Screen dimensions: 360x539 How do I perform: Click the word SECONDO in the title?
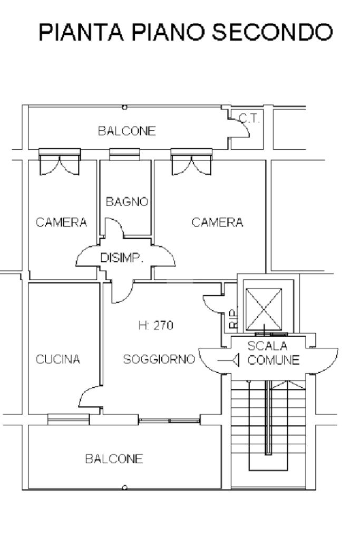point(273,32)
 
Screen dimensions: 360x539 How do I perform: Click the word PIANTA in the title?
point(81,32)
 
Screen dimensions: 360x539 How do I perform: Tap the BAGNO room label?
point(127,201)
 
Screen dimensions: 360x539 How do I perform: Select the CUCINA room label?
point(58,359)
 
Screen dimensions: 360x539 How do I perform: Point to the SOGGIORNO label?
point(159,359)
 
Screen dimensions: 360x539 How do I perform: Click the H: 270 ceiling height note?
point(156,325)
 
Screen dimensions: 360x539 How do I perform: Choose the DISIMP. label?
point(121,258)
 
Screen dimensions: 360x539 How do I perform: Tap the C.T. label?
point(249,119)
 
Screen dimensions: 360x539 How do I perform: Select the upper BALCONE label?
point(127,131)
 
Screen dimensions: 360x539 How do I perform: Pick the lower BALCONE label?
point(114,458)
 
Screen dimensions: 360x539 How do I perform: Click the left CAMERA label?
point(61,222)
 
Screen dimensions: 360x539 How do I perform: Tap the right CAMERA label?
point(217,222)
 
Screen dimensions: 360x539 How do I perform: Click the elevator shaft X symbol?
point(264,309)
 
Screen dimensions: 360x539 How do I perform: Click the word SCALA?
point(267,346)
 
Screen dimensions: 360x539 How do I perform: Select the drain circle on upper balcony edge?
point(125,107)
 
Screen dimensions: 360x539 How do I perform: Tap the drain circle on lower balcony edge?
point(125,487)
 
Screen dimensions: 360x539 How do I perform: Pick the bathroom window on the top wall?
point(124,154)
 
